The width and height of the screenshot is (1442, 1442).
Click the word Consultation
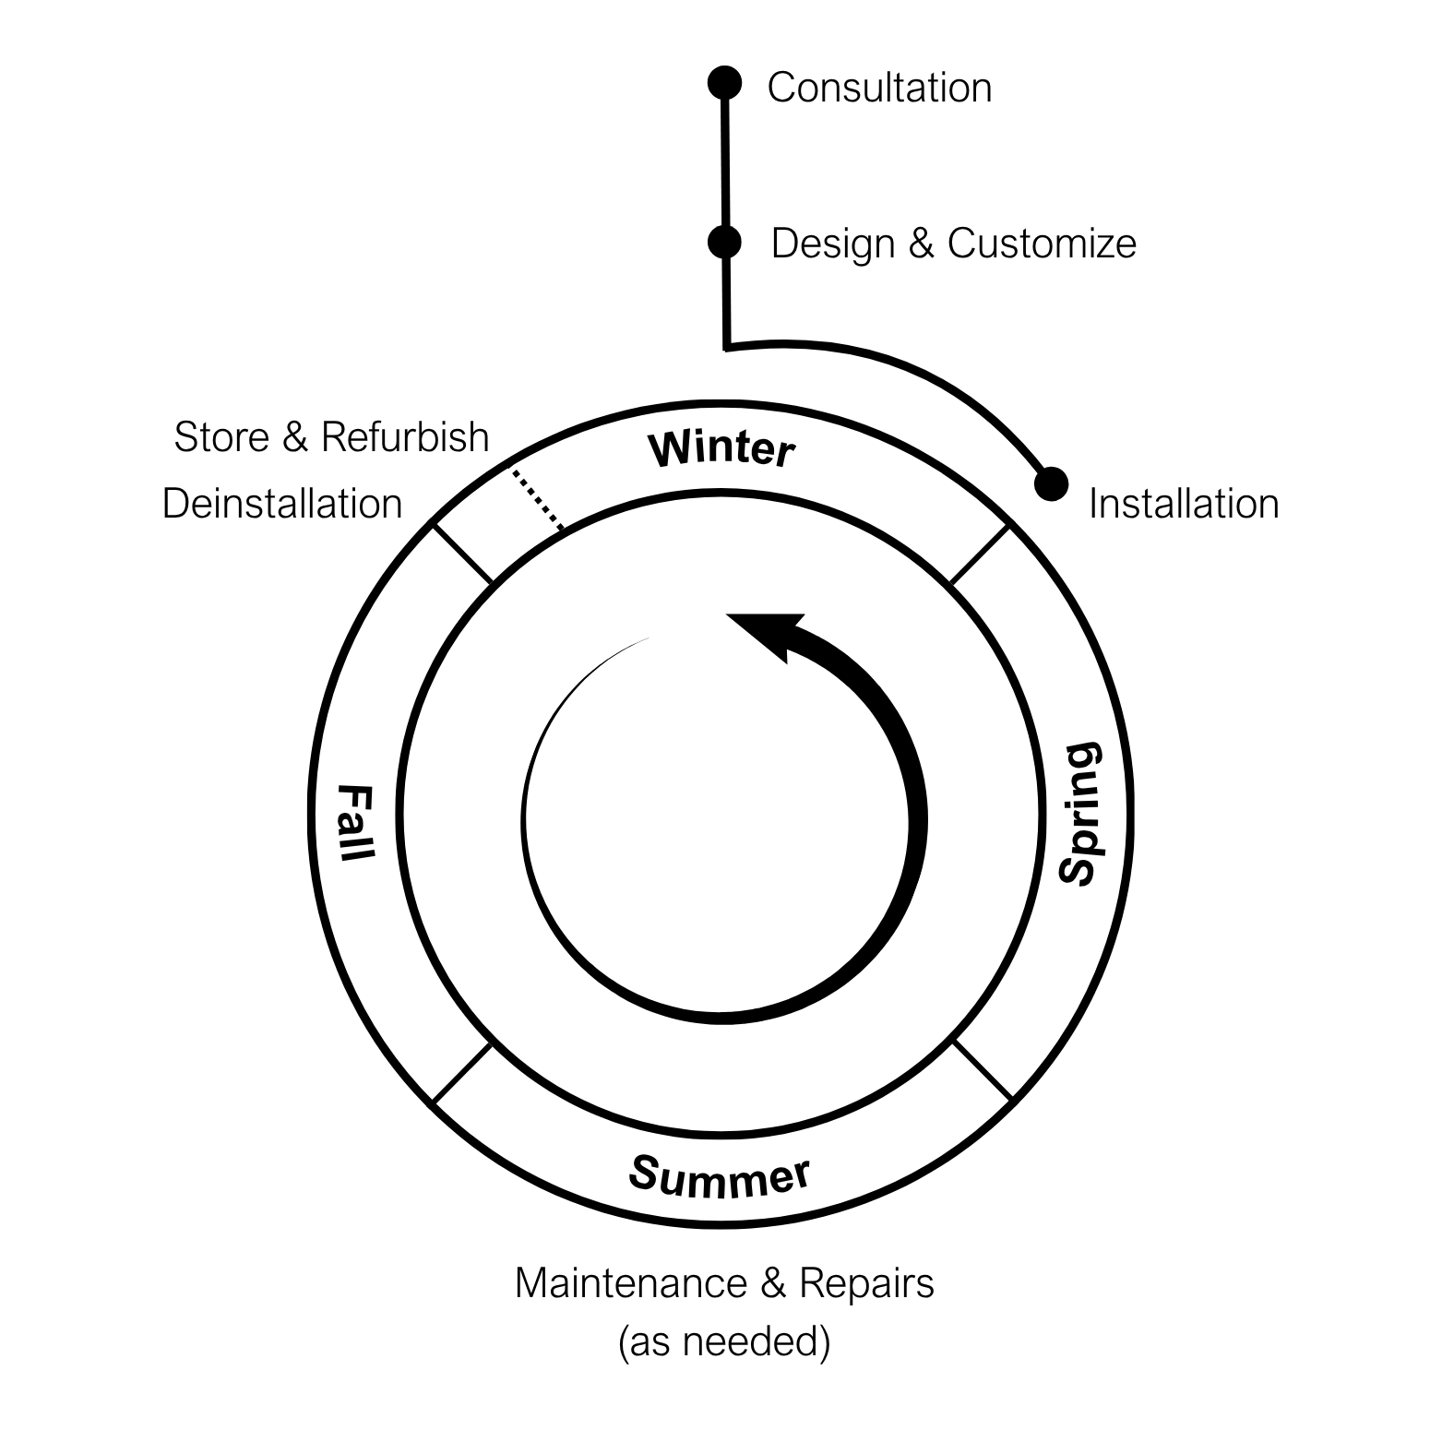click(879, 88)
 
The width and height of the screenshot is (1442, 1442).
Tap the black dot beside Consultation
click(724, 82)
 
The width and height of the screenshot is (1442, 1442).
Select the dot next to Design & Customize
click(724, 242)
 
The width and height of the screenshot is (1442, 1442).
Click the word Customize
click(1042, 244)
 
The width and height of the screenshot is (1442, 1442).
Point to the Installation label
click(1184, 504)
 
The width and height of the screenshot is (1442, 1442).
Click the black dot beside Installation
click(1051, 483)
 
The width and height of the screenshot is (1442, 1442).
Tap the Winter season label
click(721, 449)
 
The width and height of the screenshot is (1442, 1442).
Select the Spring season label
click(1079, 814)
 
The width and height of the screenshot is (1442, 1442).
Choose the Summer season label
click(720, 1176)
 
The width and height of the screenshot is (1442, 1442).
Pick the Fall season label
click(356, 822)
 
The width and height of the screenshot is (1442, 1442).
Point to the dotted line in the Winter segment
click(538, 500)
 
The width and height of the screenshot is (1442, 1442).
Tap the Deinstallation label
click(282, 504)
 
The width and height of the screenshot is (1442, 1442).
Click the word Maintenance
click(630, 1283)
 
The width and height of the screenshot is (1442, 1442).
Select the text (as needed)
click(724, 1341)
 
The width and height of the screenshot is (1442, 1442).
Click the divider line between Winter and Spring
click(980, 554)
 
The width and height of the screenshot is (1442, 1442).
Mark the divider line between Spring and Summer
click(983, 1070)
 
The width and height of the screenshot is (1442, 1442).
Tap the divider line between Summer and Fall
click(461, 1073)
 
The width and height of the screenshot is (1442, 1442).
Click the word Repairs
click(866, 1283)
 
